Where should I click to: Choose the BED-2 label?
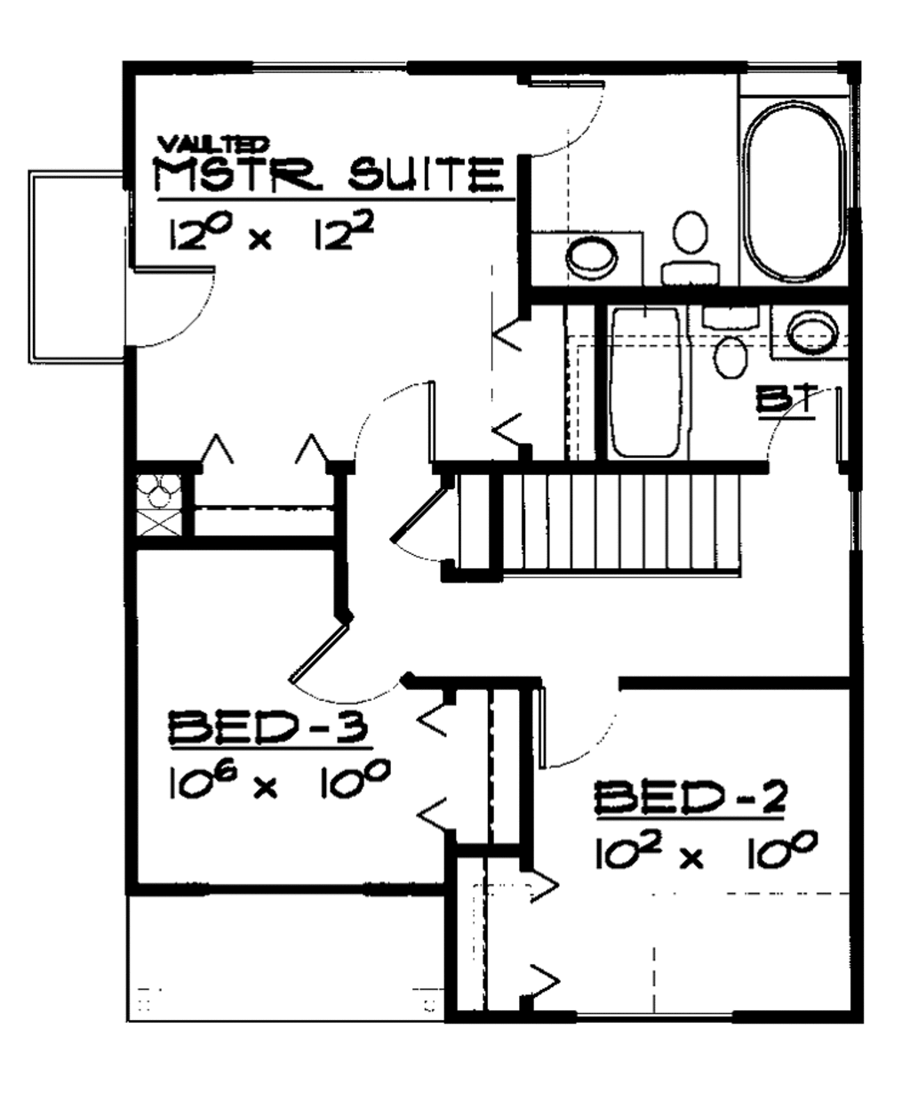coord(690,798)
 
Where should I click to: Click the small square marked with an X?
coord(159,522)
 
